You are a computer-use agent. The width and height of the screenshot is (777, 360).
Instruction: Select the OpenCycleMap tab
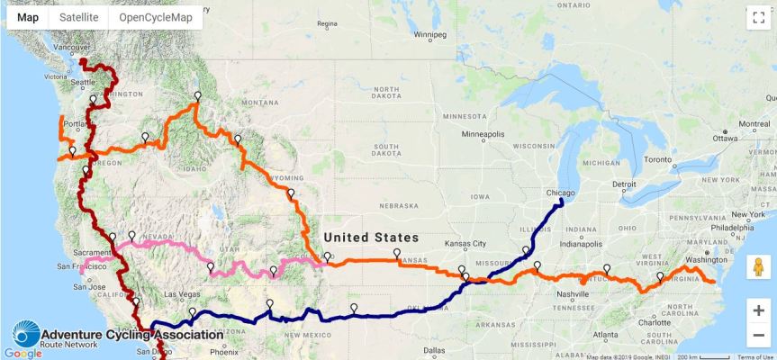click(x=156, y=17)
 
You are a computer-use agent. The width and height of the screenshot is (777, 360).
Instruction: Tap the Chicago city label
click(x=560, y=193)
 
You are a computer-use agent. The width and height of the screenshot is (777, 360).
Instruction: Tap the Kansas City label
click(x=467, y=244)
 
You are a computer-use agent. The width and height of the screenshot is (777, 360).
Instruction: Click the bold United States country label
click(x=371, y=238)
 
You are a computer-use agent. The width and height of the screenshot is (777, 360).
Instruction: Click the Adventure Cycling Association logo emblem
click(x=24, y=334)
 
